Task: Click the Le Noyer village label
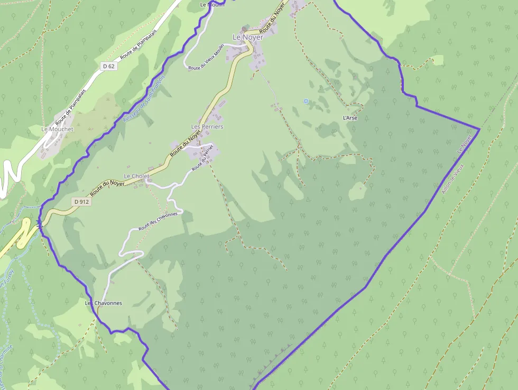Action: click(x=247, y=37)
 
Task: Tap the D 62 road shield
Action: click(x=108, y=66)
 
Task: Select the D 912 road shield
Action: click(x=82, y=202)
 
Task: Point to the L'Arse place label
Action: click(x=350, y=117)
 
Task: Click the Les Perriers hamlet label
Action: click(x=207, y=127)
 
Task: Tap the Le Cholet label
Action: click(x=136, y=176)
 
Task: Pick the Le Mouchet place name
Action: click(x=58, y=129)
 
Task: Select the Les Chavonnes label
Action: click(x=104, y=303)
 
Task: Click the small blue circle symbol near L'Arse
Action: click(x=306, y=101)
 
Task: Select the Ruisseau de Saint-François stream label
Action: click(x=144, y=99)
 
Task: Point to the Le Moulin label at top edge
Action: click(x=212, y=4)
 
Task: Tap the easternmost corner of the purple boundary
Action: click(x=479, y=129)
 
